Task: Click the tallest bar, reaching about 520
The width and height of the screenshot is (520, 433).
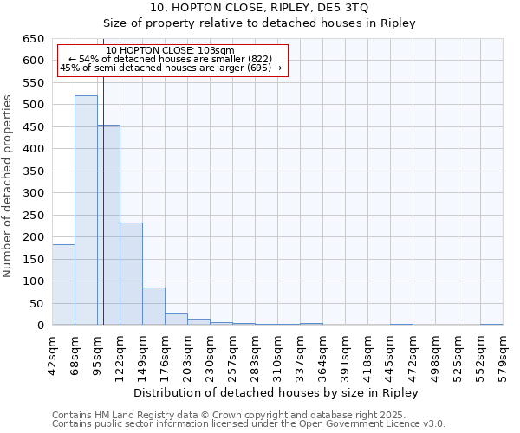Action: click(x=86, y=210)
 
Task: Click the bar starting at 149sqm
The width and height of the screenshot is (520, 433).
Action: click(x=153, y=307)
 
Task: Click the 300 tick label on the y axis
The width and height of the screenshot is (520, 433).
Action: click(x=34, y=193)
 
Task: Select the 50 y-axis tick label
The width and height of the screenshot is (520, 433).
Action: click(x=37, y=304)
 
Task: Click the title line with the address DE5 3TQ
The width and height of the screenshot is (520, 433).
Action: click(x=260, y=8)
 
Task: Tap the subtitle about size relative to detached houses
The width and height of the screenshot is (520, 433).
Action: click(x=260, y=23)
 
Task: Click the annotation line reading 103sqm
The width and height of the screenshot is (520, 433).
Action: click(x=171, y=51)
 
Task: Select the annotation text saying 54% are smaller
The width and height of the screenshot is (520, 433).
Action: click(x=171, y=59)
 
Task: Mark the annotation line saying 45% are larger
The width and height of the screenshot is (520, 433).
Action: click(x=171, y=68)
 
